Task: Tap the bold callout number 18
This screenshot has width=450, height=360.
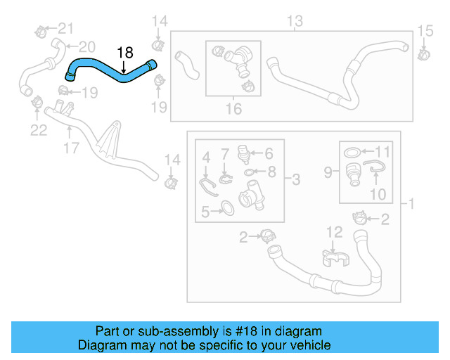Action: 124,52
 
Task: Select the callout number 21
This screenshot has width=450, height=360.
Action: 65,28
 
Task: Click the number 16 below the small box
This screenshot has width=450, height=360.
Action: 233,108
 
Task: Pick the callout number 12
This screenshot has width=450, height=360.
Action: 333,231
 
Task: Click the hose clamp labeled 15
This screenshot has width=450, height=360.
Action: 424,53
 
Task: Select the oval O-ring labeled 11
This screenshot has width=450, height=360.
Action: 353,152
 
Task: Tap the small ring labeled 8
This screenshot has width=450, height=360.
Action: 250,171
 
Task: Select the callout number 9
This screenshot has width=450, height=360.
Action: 328,171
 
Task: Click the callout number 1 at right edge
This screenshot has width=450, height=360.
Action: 413,204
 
